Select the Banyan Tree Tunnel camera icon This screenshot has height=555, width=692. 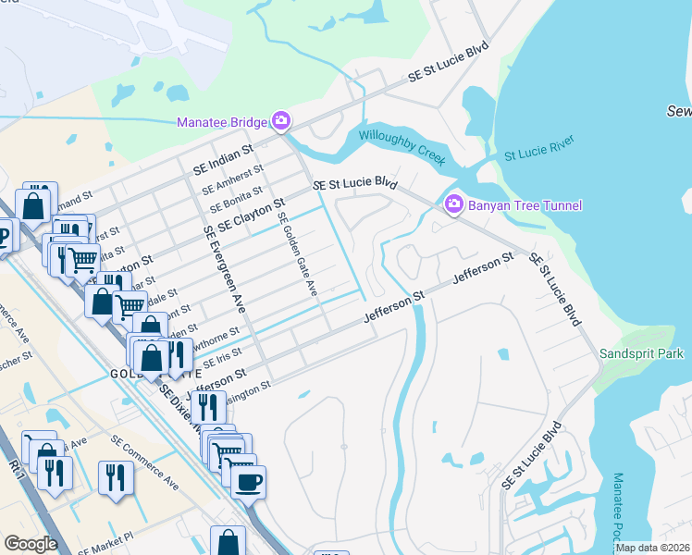454,204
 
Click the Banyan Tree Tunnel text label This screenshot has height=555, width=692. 525,204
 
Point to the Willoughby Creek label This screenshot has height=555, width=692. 402,147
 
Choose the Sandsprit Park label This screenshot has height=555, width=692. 640,353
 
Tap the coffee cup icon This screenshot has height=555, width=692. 248,482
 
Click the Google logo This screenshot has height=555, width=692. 31,544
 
